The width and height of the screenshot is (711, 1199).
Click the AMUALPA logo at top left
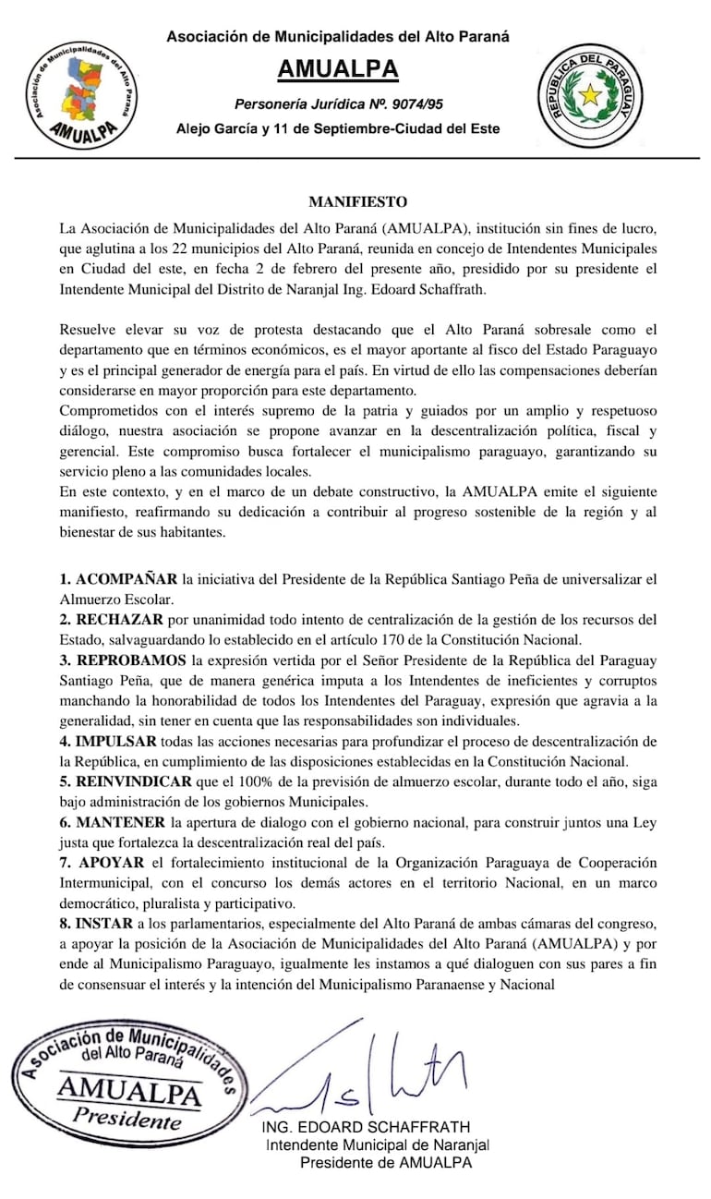(x=84, y=96)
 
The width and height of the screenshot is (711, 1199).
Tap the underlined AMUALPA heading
(x=338, y=70)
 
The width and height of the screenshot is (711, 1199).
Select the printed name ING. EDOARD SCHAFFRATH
(x=367, y=1127)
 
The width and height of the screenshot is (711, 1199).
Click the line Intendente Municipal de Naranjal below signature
(x=377, y=1144)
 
